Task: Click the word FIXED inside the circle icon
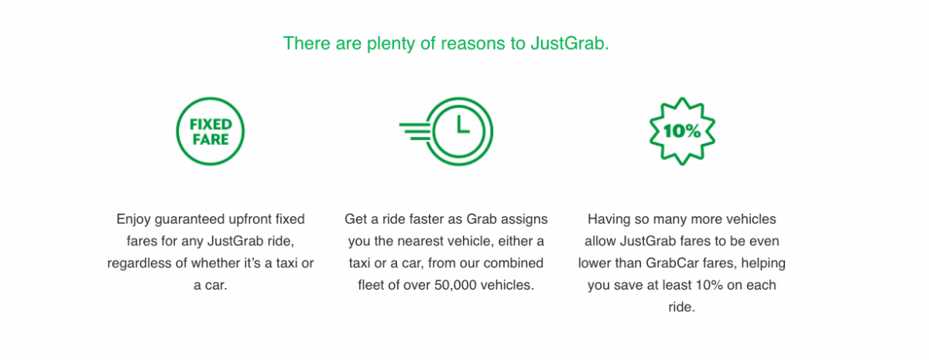tap(211, 125)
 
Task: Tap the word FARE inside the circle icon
tap(211, 139)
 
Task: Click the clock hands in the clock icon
tap(462, 125)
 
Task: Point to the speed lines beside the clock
tap(416, 132)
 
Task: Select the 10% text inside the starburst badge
tap(682, 131)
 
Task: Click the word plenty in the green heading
tap(391, 44)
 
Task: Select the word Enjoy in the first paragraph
tap(133, 219)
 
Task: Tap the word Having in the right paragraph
tap(608, 219)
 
